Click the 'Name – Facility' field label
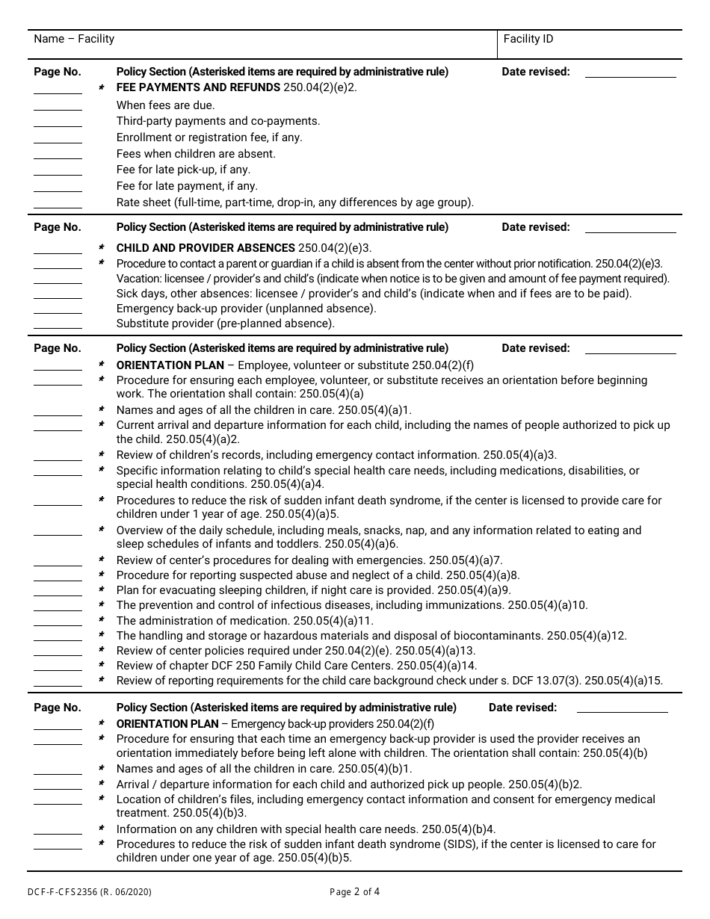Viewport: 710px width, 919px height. pyautogui.click(x=74, y=39)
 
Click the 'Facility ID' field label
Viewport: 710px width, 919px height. pyautogui.click(x=528, y=39)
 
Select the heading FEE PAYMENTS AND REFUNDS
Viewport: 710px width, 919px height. pyautogui.click(x=198, y=87)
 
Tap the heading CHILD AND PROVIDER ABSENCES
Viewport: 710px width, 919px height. pyautogui.click(x=206, y=248)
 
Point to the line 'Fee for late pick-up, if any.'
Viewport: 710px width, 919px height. pyautogui.click(x=183, y=170)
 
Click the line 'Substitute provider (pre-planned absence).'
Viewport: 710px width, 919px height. pyautogui.click(x=225, y=324)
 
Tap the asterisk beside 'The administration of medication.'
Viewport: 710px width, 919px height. pyautogui.click(x=102, y=621)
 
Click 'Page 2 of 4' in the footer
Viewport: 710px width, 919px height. pyautogui.click(x=354, y=891)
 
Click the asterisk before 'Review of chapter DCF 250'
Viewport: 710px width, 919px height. pyautogui.click(x=102, y=666)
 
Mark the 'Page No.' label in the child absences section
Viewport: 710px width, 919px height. pyautogui.click(x=58, y=227)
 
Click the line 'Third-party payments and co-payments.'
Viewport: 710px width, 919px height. pyautogui.click(x=217, y=121)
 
